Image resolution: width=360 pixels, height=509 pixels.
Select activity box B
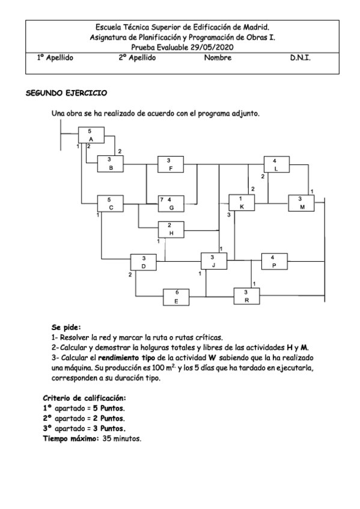pyautogui.click(x=110, y=164)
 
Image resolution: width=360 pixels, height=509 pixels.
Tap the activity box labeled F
pyautogui.click(x=171, y=164)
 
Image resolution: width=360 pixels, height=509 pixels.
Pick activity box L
pyautogui.click(x=275, y=164)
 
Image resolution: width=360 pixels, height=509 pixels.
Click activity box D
pyautogui.click(x=144, y=262)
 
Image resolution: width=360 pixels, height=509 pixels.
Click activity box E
pyautogui.click(x=176, y=297)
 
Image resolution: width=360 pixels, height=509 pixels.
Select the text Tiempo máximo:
pyautogui.click(x=68, y=439)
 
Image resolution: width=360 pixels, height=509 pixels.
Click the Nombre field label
pyautogui.click(x=218, y=58)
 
